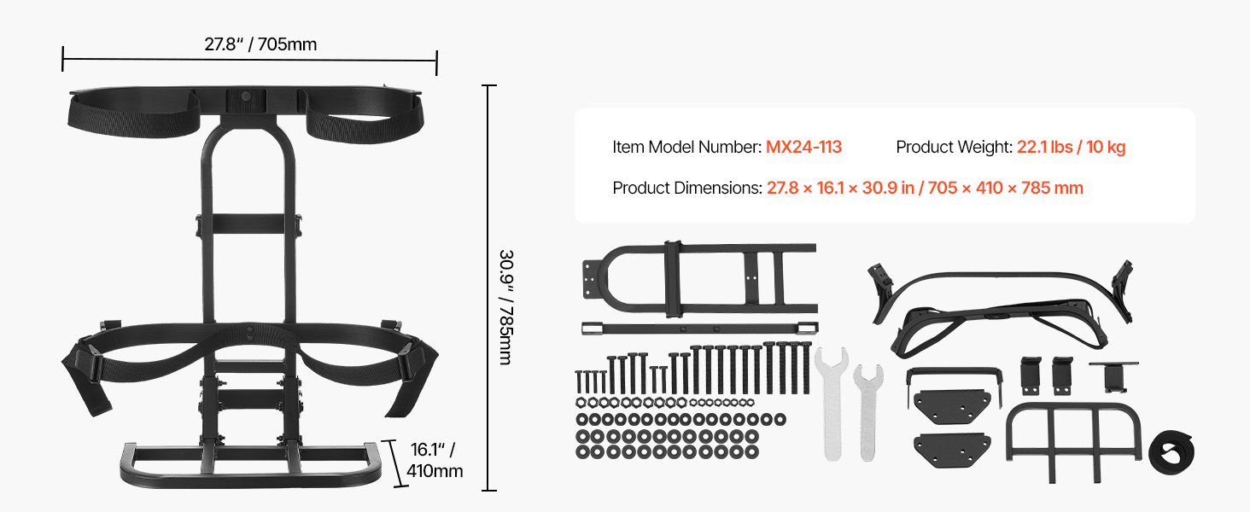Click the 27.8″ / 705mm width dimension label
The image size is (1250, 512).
tap(260, 44)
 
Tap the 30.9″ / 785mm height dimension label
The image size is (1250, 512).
tap(505, 307)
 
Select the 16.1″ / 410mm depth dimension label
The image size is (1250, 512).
tap(435, 460)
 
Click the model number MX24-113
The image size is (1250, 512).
tap(803, 147)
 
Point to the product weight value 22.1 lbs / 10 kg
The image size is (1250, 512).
tap(1071, 147)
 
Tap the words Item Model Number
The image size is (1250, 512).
tap(687, 147)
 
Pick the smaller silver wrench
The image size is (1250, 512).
tap(868, 411)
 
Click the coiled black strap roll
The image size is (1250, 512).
tap(1171, 451)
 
